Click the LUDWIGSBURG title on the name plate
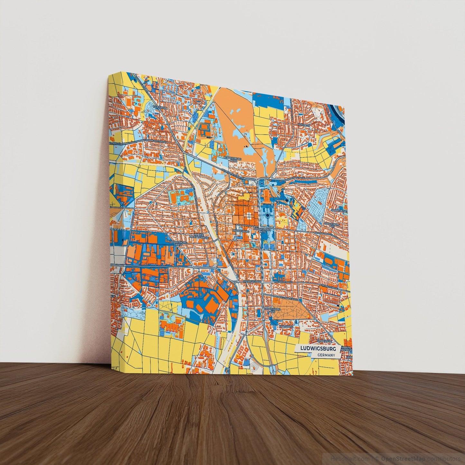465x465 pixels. pyautogui.click(x=318, y=349)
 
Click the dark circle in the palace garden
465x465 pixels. pyautogui.click(x=267, y=215)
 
